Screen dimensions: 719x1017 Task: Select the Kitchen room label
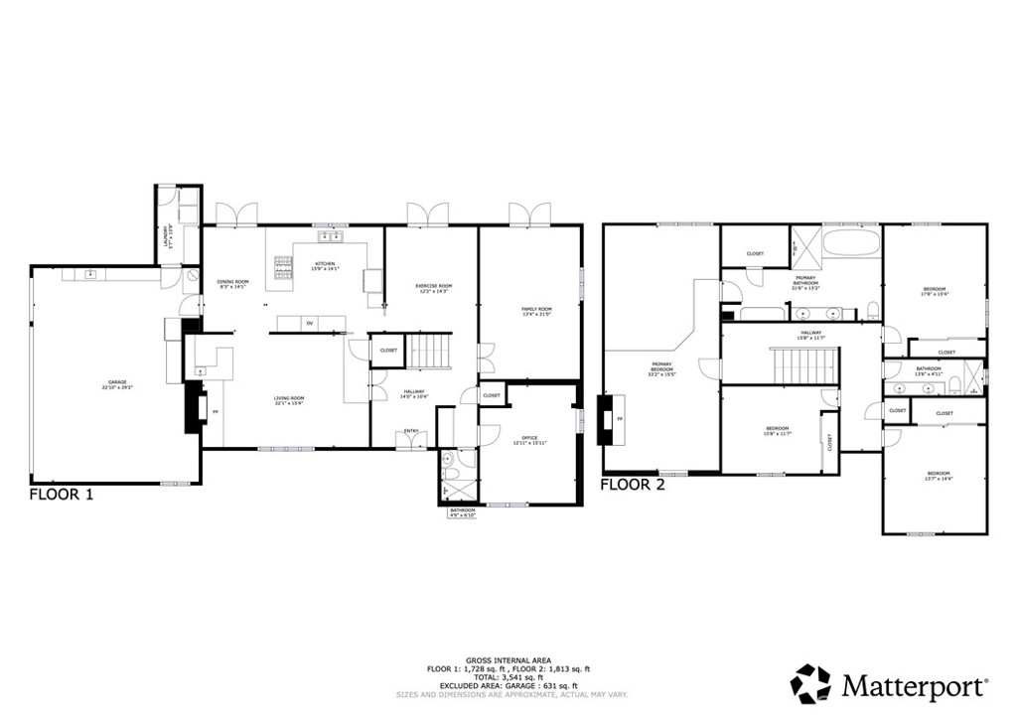[325, 266]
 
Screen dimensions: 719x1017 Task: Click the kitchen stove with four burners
[285, 265]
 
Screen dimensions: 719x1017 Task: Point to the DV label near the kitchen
[310, 324]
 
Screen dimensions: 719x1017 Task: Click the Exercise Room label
[433, 288]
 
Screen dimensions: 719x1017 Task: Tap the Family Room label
[536, 312]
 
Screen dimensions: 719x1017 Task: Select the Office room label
[529, 439]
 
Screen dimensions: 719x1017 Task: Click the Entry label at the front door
[410, 431]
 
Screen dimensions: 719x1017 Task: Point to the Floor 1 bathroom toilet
[449, 460]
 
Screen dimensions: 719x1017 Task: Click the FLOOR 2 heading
[633, 486]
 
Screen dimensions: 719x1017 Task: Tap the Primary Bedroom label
[661, 368]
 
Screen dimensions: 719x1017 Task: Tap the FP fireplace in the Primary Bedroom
[608, 419]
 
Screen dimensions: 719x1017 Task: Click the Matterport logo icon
[809, 683]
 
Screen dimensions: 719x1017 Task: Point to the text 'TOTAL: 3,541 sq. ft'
[508, 676]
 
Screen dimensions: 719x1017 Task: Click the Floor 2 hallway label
[811, 335]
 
